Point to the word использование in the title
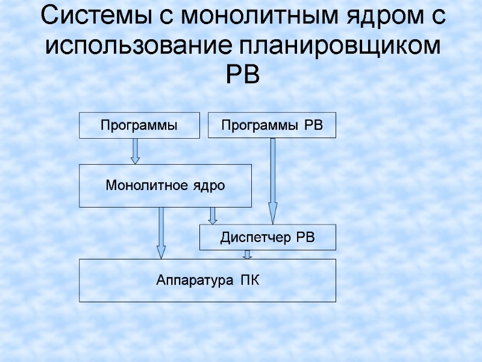click(x=139, y=45)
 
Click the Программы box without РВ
click(x=139, y=125)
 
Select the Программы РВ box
click(x=272, y=125)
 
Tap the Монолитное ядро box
click(x=165, y=186)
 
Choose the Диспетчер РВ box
click(x=268, y=238)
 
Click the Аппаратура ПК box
click(x=207, y=280)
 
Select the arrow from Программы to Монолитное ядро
click(x=136, y=151)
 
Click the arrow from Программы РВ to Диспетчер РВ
click(x=272, y=181)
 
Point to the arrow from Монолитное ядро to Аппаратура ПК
click(x=161, y=233)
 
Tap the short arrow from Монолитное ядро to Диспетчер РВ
click(x=212, y=215)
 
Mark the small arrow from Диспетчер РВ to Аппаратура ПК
click(x=247, y=254)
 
